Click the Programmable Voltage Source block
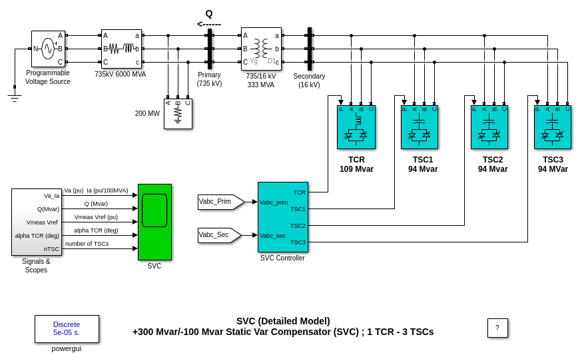tap(48, 49)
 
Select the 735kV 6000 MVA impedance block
tap(121, 49)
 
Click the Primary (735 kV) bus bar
tap(210, 49)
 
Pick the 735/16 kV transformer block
tap(261, 49)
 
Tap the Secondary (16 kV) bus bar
tap(310, 49)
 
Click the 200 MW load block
tap(178, 114)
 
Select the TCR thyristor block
tap(356, 127)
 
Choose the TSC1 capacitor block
tap(420, 127)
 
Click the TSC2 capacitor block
tap(489, 127)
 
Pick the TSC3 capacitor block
tap(553, 127)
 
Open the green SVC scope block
tap(154, 222)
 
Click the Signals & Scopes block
tap(37, 222)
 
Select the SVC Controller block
tap(283, 217)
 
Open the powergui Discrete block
tap(67, 329)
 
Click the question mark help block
tap(497, 328)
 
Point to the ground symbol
tap(15, 98)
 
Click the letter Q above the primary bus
tap(209, 13)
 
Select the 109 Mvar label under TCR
tap(356, 169)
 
